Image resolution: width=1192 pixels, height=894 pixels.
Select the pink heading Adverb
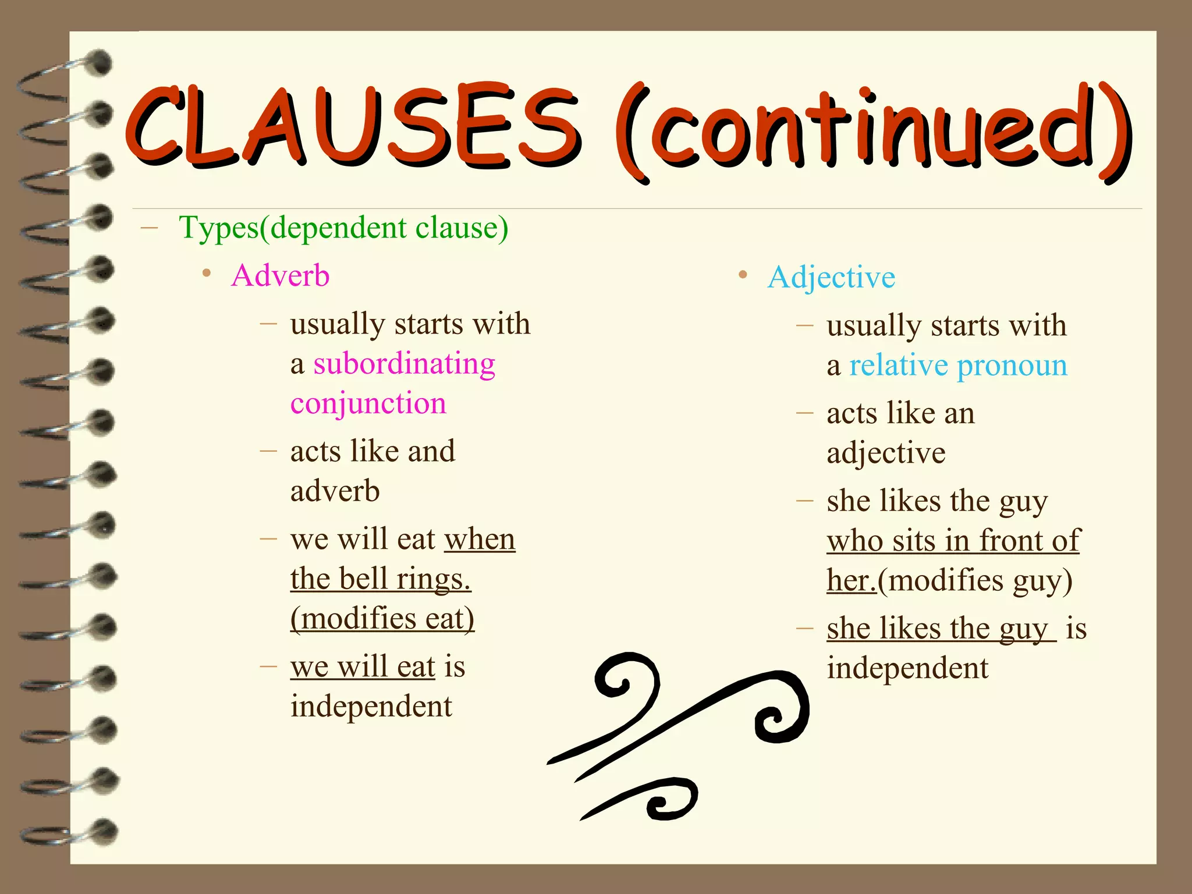280,275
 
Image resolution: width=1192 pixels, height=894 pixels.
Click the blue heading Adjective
831,277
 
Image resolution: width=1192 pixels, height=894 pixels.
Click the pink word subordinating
404,364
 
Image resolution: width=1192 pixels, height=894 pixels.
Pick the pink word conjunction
368,403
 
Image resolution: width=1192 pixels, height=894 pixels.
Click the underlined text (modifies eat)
382,619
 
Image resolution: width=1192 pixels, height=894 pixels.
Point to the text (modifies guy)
975,580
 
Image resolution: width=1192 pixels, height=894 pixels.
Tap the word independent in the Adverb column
371,707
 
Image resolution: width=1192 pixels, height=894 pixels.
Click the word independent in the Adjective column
907,668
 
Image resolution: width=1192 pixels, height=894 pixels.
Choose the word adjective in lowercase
885,453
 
